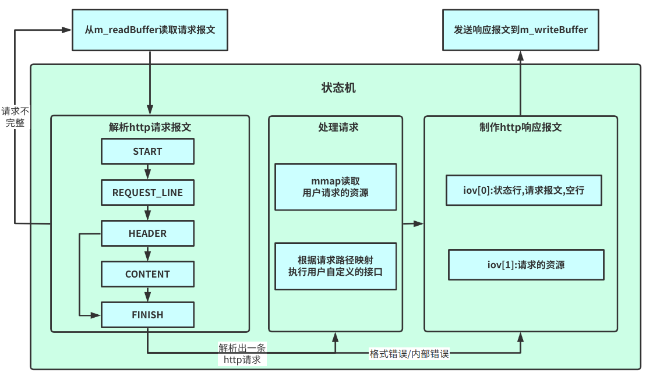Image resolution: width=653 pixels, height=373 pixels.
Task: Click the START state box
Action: coord(147,151)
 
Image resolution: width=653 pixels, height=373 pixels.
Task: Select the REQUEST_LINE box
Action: coord(147,193)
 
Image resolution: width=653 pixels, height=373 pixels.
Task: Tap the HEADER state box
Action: coord(147,233)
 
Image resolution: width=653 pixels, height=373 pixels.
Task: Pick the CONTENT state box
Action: coord(147,274)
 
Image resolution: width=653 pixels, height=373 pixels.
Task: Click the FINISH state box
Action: coord(147,315)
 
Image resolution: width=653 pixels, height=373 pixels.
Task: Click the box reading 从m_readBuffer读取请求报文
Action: coord(150,30)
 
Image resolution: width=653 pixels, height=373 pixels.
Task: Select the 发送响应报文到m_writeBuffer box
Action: coord(520,30)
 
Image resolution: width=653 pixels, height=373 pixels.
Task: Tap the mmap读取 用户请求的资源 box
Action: coord(336,187)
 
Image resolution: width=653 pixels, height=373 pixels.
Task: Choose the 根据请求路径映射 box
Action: coord(336,266)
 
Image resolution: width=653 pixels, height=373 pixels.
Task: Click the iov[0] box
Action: coord(524,190)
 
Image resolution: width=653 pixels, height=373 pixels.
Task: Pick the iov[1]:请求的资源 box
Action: coord(525,265)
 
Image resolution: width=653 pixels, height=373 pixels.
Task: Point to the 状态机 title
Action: coord(338,88)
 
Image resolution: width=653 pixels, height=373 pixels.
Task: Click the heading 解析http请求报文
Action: coord(150,127)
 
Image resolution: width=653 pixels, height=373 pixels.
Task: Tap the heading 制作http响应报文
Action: coord(520,127)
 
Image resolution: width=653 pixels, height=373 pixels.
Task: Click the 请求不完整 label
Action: coord(15,117)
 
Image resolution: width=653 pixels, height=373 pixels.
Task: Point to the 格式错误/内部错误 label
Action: coord(410,353)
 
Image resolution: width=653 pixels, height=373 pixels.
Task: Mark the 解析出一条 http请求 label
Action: coord(242,354)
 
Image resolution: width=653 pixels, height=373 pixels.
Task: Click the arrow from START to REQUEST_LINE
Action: coord(147,172)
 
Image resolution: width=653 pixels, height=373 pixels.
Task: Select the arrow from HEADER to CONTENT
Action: coord(147,254)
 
